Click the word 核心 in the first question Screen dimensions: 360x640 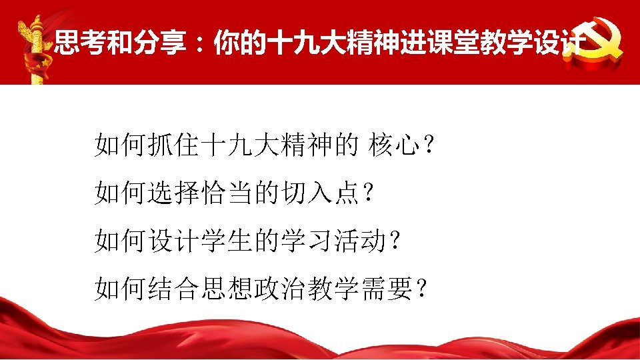(395, 145)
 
